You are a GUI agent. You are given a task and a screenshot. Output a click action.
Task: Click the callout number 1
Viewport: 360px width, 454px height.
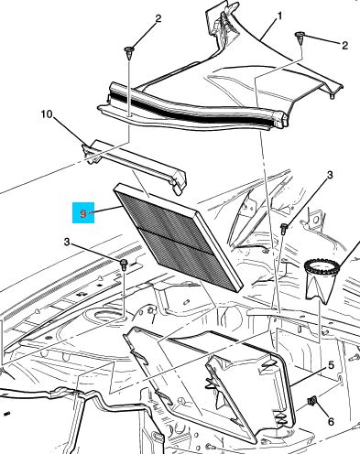coord(279,16)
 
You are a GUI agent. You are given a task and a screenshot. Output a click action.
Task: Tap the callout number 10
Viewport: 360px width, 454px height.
coord(47,114)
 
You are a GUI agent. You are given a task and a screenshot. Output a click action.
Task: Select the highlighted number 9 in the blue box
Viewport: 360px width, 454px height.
coord(83,213)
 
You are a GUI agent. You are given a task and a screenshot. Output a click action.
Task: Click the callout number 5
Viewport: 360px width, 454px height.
coord(331,365)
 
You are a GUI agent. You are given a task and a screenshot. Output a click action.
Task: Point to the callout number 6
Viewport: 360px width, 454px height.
coord(331,422)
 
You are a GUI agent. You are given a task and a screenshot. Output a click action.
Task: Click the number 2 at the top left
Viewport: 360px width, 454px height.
coord(158,19)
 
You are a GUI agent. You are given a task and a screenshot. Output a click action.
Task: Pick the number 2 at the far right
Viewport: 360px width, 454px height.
coord(344,46)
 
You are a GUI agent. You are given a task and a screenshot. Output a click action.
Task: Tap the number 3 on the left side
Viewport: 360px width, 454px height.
coord(67,243)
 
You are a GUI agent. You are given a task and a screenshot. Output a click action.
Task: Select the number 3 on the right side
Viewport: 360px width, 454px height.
coord(330,175)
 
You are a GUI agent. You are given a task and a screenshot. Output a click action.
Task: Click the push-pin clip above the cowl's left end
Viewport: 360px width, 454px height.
coord(129,52)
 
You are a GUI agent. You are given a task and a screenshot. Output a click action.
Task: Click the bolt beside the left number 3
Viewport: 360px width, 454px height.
coord(124,264)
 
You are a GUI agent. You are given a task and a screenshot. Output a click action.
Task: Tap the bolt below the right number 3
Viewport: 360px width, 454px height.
coord(284,228)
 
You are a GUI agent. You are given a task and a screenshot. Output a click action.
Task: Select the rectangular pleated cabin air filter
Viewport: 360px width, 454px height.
coord(179,236)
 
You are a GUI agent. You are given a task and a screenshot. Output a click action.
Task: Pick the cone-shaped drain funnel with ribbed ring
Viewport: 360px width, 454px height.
coord(322,280)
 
